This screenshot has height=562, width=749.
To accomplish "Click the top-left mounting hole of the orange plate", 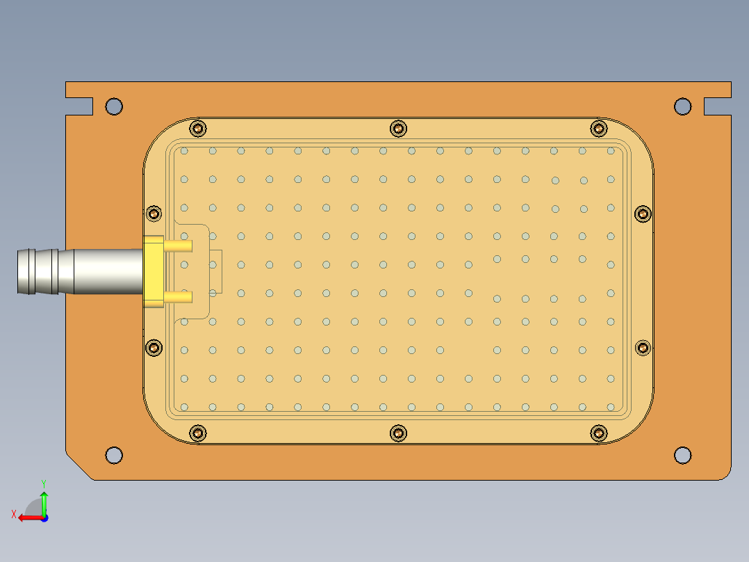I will tap(114, 106).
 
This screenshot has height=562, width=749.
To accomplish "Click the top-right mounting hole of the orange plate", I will tap(682, 106).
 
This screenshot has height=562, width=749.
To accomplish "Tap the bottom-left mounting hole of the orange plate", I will tap(114, 456).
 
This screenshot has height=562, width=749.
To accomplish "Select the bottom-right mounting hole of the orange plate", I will tap(682, 455).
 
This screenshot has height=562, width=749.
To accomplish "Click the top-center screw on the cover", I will tap(398, 128).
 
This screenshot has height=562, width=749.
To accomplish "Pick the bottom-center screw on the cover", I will tap(398, 433).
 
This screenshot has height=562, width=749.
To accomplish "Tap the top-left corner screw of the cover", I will tap(198, 128).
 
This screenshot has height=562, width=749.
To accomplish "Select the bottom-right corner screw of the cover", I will tap(598, 433).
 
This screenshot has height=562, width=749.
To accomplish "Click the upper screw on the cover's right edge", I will tap(643, 213).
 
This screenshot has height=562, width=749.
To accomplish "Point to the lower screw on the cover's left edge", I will tap(154, 347).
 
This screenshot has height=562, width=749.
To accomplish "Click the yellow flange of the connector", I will tap(153, 271).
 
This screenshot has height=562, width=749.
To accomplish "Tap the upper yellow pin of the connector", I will tap(179, 246).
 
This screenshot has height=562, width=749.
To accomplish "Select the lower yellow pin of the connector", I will tap(179, 297).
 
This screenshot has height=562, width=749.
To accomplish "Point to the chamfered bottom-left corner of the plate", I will tap(79, 467).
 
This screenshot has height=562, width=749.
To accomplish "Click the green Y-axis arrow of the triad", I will tap(44, 499).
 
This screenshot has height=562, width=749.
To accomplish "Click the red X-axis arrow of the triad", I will tap(26, 517).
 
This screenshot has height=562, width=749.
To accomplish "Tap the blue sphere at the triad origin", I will tap(44, 517).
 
